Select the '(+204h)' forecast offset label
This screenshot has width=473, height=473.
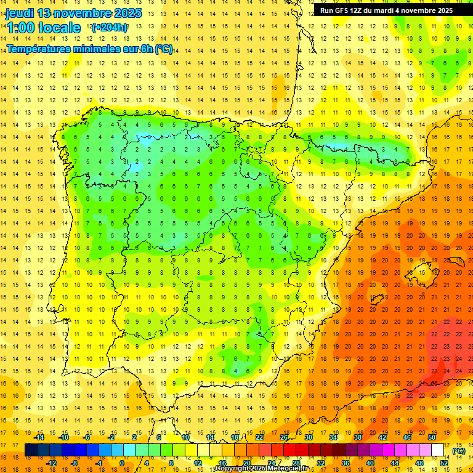point(110,28)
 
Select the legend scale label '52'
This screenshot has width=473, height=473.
point(444,463)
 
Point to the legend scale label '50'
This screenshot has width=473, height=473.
point(432,437)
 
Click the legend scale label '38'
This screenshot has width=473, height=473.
point(358,437)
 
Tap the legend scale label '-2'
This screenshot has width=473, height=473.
point(111,437)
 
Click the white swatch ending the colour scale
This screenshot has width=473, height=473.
point(438,450)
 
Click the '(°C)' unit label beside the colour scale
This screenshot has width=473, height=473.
point(459,451)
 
